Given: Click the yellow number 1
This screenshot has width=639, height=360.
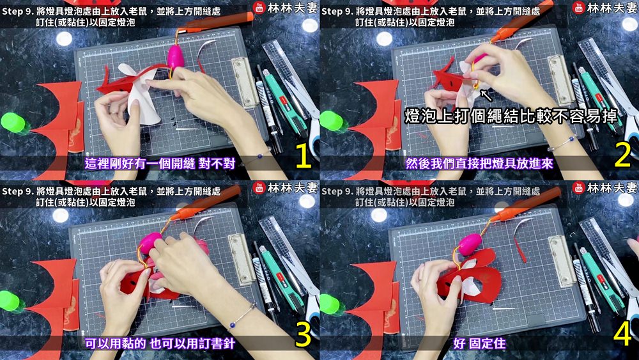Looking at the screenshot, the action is point(303,157).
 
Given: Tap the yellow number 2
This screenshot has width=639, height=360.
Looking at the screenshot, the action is point(622,157).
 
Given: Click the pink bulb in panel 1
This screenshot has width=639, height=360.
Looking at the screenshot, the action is point(176,57).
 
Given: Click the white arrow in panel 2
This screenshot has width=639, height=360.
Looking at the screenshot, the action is point(486,95).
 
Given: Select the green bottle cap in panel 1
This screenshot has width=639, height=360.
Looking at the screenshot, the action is point(13,122).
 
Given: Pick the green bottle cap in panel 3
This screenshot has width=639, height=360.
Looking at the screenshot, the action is point(10,301).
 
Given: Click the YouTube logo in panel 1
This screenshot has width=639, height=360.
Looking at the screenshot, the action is point(259,8).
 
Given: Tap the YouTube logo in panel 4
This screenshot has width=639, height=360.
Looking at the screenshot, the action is point(579,188).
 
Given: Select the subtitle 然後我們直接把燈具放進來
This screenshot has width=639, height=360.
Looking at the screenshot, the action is point(479,164).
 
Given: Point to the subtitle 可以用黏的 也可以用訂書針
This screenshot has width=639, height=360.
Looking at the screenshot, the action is point(160,343).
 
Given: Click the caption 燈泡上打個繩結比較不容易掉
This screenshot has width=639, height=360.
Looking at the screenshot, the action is point(511,116).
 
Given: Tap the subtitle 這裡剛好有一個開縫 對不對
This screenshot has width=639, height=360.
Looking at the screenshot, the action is point(160,164).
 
